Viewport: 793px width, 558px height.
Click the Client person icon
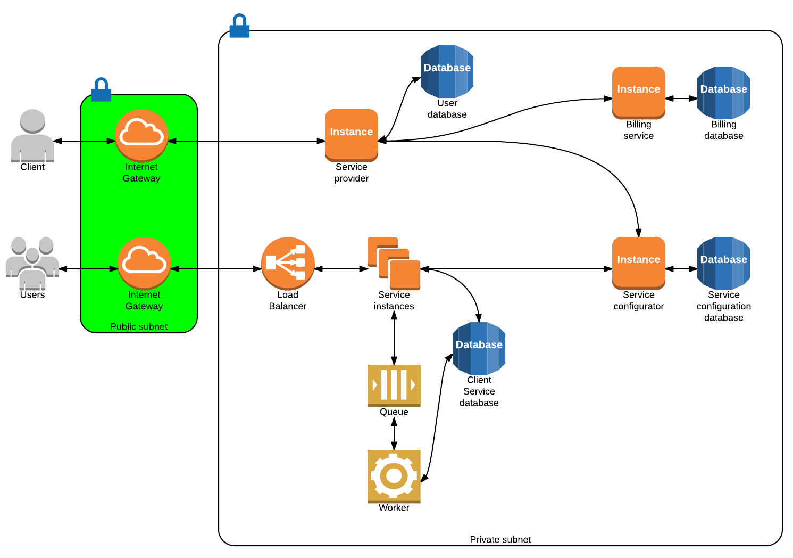[32, 135]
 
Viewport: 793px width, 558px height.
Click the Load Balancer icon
[288, 263]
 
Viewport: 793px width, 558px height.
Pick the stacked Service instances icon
[394, 263]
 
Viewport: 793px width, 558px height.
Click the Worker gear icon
[394, 476]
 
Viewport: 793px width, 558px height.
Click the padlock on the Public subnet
[101, 90]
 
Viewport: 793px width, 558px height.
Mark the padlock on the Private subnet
[239, 26]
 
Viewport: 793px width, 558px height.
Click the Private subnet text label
[500, 539]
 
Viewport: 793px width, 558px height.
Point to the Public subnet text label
[139, 326]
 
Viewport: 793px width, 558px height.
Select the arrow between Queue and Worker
[394, 433]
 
